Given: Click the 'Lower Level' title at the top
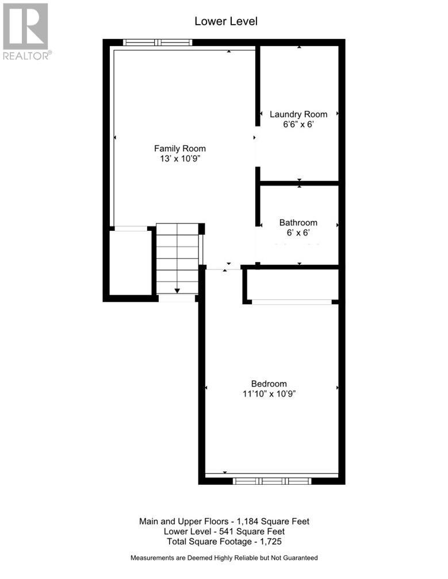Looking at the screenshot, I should click(x=225, y=21).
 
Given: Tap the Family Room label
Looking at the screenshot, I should click(x=179, y=148).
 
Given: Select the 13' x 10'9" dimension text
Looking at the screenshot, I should click(x=179, y=159).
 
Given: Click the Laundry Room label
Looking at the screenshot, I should click(x=298, y=114).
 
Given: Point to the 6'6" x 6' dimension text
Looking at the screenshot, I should click(x=298, y=125).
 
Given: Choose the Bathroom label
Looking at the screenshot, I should click(x=298, y=222).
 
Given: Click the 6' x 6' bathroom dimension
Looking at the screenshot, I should click(x=298, y=233).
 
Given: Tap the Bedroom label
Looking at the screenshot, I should click(x=269, y=384).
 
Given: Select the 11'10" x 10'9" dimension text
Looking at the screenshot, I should click(x=269, y=394).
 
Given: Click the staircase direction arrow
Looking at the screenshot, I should click(x=177, y=290).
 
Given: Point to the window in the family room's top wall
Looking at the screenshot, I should click(x=157, y=42).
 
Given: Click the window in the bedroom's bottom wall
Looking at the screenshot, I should click(x=272, y=481).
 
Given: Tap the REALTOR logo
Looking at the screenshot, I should click(x=26, y=32).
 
